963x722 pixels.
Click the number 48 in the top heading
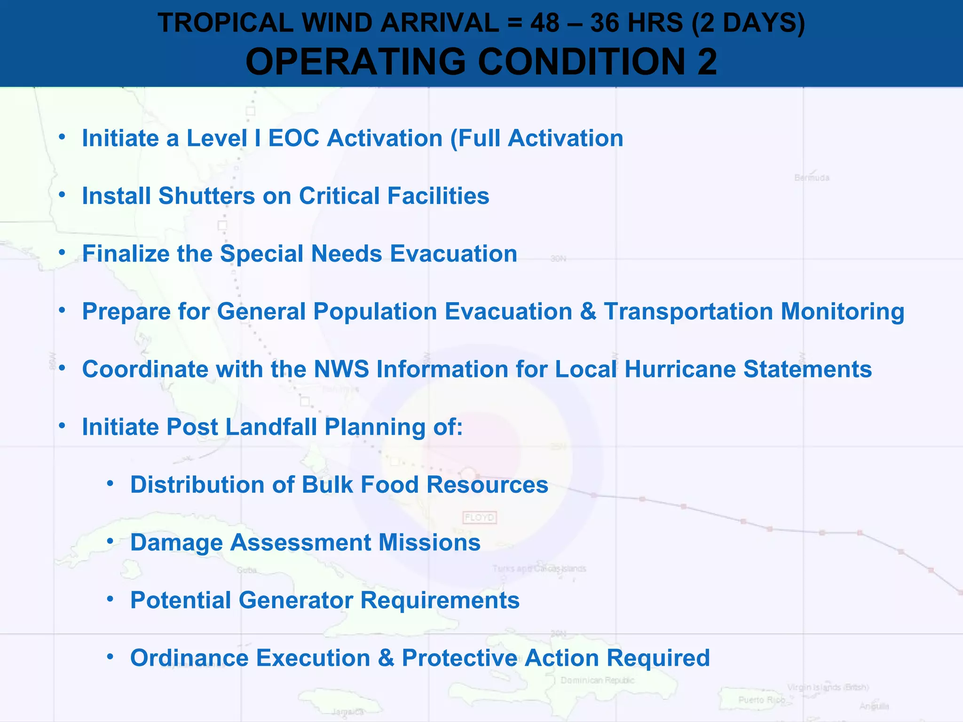(545, 23)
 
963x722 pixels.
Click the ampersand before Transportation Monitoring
(588, 312)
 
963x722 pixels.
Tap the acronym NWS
(341, 369)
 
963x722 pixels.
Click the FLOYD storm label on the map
(479, 518)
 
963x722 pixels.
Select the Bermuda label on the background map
(812, 178)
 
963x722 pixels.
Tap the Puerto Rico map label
(761, 700)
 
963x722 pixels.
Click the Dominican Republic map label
(597, 680)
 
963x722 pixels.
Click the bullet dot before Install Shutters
(62, 195)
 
